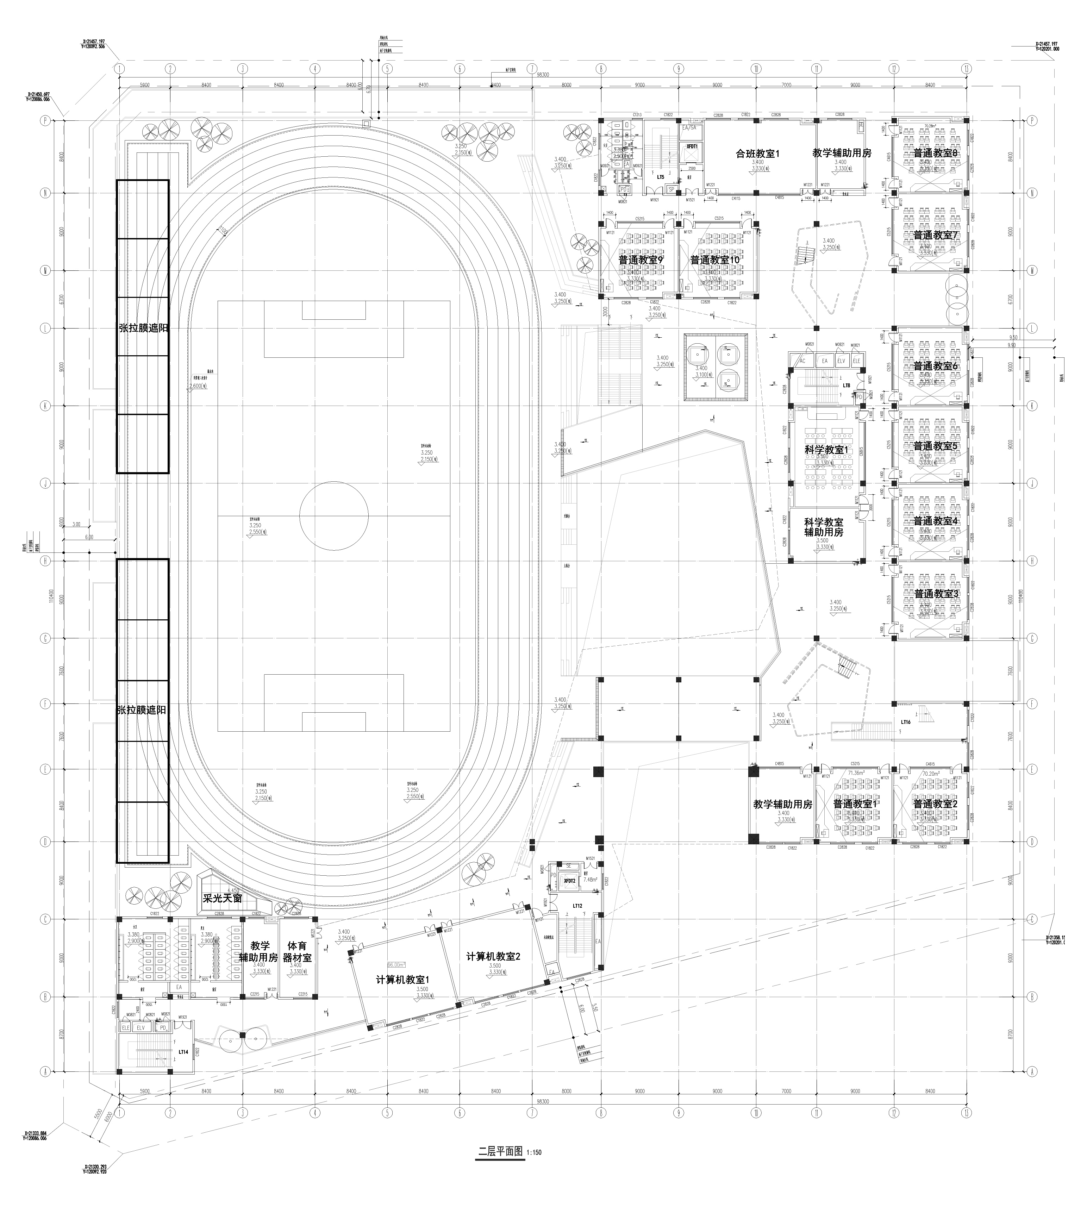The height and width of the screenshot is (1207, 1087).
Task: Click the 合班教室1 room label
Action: [757, 154]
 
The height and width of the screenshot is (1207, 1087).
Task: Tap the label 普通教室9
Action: [640, 261]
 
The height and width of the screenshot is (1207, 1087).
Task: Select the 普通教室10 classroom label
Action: [714, 261]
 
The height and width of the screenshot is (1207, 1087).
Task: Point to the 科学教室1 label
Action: [826, 449]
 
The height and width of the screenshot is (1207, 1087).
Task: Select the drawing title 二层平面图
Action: [500, 1151]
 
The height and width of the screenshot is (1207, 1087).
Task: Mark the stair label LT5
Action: [661, 177]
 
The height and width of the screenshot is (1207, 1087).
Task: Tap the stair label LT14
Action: [183, 1051]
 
